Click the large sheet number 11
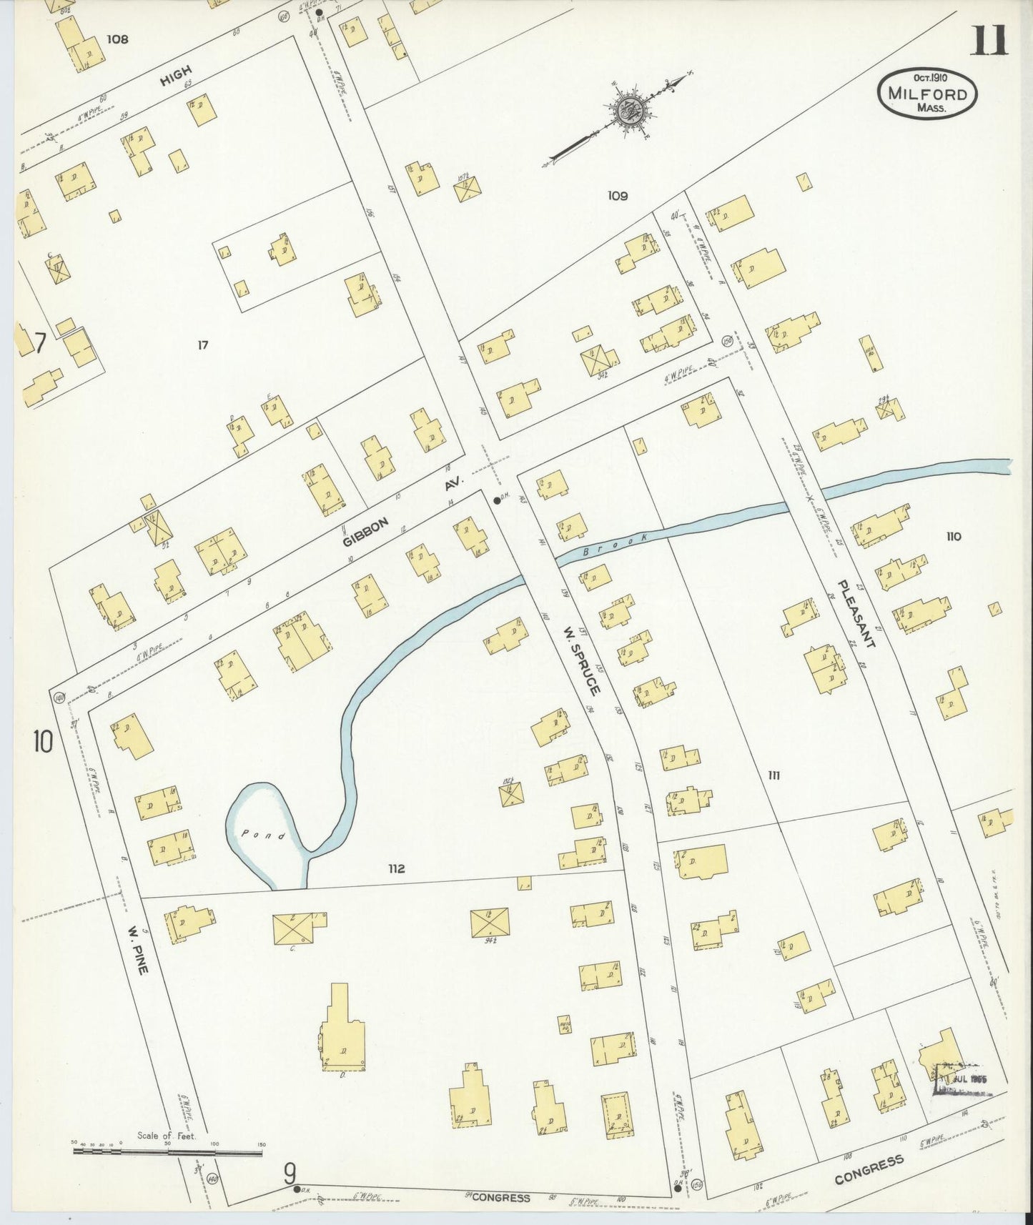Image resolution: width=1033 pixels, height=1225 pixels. click(989, 41)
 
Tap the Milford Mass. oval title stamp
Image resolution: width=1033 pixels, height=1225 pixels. click(927, 94)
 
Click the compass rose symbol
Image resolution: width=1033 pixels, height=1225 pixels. click(630, 111)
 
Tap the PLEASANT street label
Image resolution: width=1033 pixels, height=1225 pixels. click(856, 613)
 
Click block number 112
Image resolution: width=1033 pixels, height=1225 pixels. click(397, 868)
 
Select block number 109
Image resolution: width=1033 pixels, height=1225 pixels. click(617, 195)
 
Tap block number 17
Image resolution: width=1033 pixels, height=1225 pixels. click(203, 345)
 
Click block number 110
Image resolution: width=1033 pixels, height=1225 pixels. click(953, 537)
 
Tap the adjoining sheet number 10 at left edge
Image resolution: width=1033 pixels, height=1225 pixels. click(42, 742)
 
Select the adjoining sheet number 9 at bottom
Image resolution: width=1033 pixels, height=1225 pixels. click(290, 1172)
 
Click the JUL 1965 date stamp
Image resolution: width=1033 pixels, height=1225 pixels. click(962, 1079)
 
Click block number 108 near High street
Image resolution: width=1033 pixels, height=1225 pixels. click(117, 39)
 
